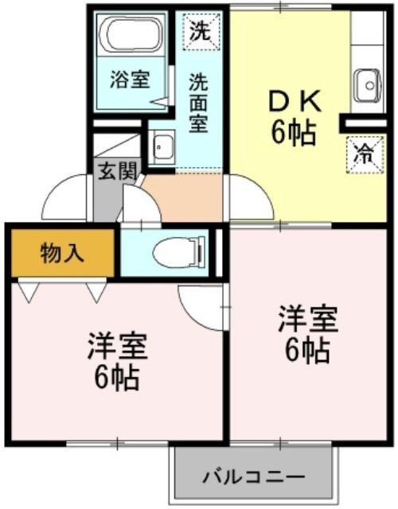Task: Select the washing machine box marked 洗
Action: [201, 31]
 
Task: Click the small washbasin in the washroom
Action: [162, 147]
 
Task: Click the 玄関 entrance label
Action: [115, 172]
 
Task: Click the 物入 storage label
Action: [61, 253]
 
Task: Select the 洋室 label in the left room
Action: [117, 347]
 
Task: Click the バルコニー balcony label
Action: [252, 478]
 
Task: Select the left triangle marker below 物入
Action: [29, 292]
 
